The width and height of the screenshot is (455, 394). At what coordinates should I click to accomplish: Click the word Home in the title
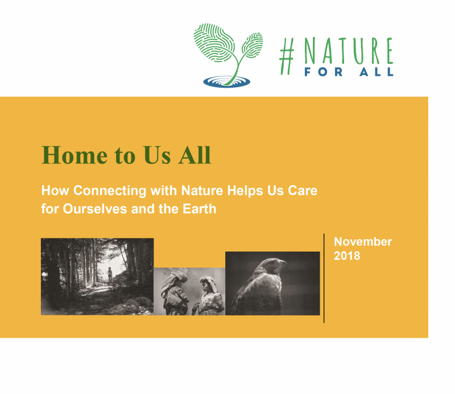(75, 155)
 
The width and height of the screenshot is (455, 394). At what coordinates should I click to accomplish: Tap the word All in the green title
(195, 155)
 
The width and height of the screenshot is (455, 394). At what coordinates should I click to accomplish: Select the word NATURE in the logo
(348, 51)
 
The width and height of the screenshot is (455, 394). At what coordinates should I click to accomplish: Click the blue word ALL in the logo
(377, 72)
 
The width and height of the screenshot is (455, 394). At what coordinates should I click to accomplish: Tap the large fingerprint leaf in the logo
(213, 43)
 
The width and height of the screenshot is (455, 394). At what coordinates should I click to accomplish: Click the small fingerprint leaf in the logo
(252, 45)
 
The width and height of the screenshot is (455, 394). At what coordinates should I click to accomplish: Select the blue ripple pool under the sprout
(226, 81)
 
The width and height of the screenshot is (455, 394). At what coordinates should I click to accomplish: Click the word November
(363, 242)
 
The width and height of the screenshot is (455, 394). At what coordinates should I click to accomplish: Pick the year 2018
(347, 256)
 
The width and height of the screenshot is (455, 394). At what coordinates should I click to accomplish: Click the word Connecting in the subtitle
(110, 191)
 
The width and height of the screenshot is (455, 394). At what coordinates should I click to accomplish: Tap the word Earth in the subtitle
(200, 209)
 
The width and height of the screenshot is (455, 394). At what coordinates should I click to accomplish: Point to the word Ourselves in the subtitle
(96, 209)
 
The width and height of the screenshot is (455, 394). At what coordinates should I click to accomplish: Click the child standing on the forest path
(110, 274)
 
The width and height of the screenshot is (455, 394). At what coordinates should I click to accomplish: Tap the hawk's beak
(283, 263)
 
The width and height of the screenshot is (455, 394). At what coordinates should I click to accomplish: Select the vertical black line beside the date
(324, 278)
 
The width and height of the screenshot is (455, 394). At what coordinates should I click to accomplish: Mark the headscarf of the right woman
(208, 284)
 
